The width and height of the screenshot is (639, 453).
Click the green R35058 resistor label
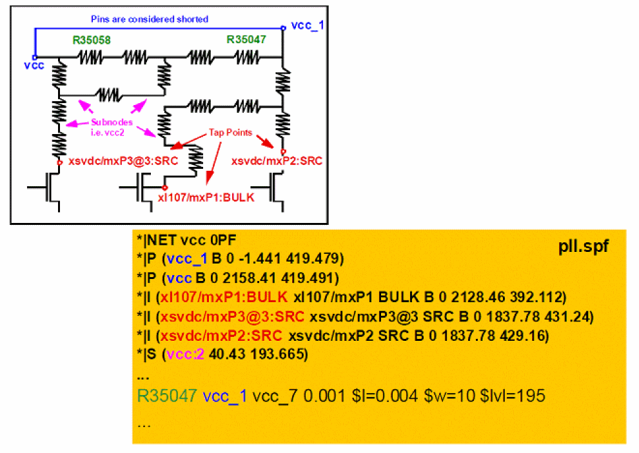(91, 40)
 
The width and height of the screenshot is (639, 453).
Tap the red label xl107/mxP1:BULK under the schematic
(206, 197)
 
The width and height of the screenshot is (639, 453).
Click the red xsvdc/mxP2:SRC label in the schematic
(277, 160)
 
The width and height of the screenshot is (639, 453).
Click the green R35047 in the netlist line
(166, 396)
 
